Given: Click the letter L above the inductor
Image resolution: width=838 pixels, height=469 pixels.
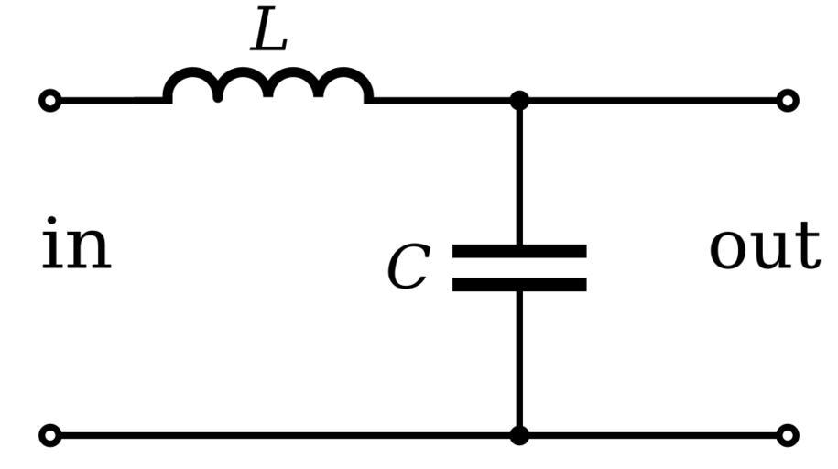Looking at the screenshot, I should pyautogui.click(x=269, y=34).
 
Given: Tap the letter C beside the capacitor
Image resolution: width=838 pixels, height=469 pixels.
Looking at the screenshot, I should pyautogui.click(x=408, y=268).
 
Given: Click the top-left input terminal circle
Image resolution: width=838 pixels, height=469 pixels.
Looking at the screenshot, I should pyautogui.click(x=51, y=100).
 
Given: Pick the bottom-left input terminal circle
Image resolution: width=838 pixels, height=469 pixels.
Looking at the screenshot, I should pyautogui.click(x=51, y=435).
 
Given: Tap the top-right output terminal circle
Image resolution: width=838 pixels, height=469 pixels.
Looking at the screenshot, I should pyautogui.click(x=787, y=100).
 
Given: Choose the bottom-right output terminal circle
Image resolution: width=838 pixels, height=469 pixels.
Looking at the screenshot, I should pyautogui.click(x=787, y=435).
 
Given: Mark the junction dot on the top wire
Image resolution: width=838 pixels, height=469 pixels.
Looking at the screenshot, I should pyautogui.click(x=519, y=100).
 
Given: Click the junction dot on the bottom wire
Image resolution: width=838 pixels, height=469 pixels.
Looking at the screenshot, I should pyautogui.click(x=519, y=435).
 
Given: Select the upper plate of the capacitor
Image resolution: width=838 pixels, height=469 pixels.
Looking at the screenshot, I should pyautogui.click(x=519, y=251).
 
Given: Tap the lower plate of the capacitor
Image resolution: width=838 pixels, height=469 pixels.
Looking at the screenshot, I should pyautogui.click(x=519, y=285).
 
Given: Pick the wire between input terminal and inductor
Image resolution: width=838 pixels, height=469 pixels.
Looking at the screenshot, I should pyautogui.click(x=110, y=100).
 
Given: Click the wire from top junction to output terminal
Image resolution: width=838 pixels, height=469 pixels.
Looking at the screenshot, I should pyautogui.click(x=650, y=100).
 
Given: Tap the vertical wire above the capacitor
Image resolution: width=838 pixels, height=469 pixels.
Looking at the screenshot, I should pyautogui.click(x=519, y=174).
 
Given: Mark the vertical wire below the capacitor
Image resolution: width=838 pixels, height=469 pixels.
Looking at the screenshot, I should pyautogui.click(x=519, y=362).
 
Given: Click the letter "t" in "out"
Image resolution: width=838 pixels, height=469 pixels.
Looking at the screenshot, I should pyautogui.click(x=807, y=245).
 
